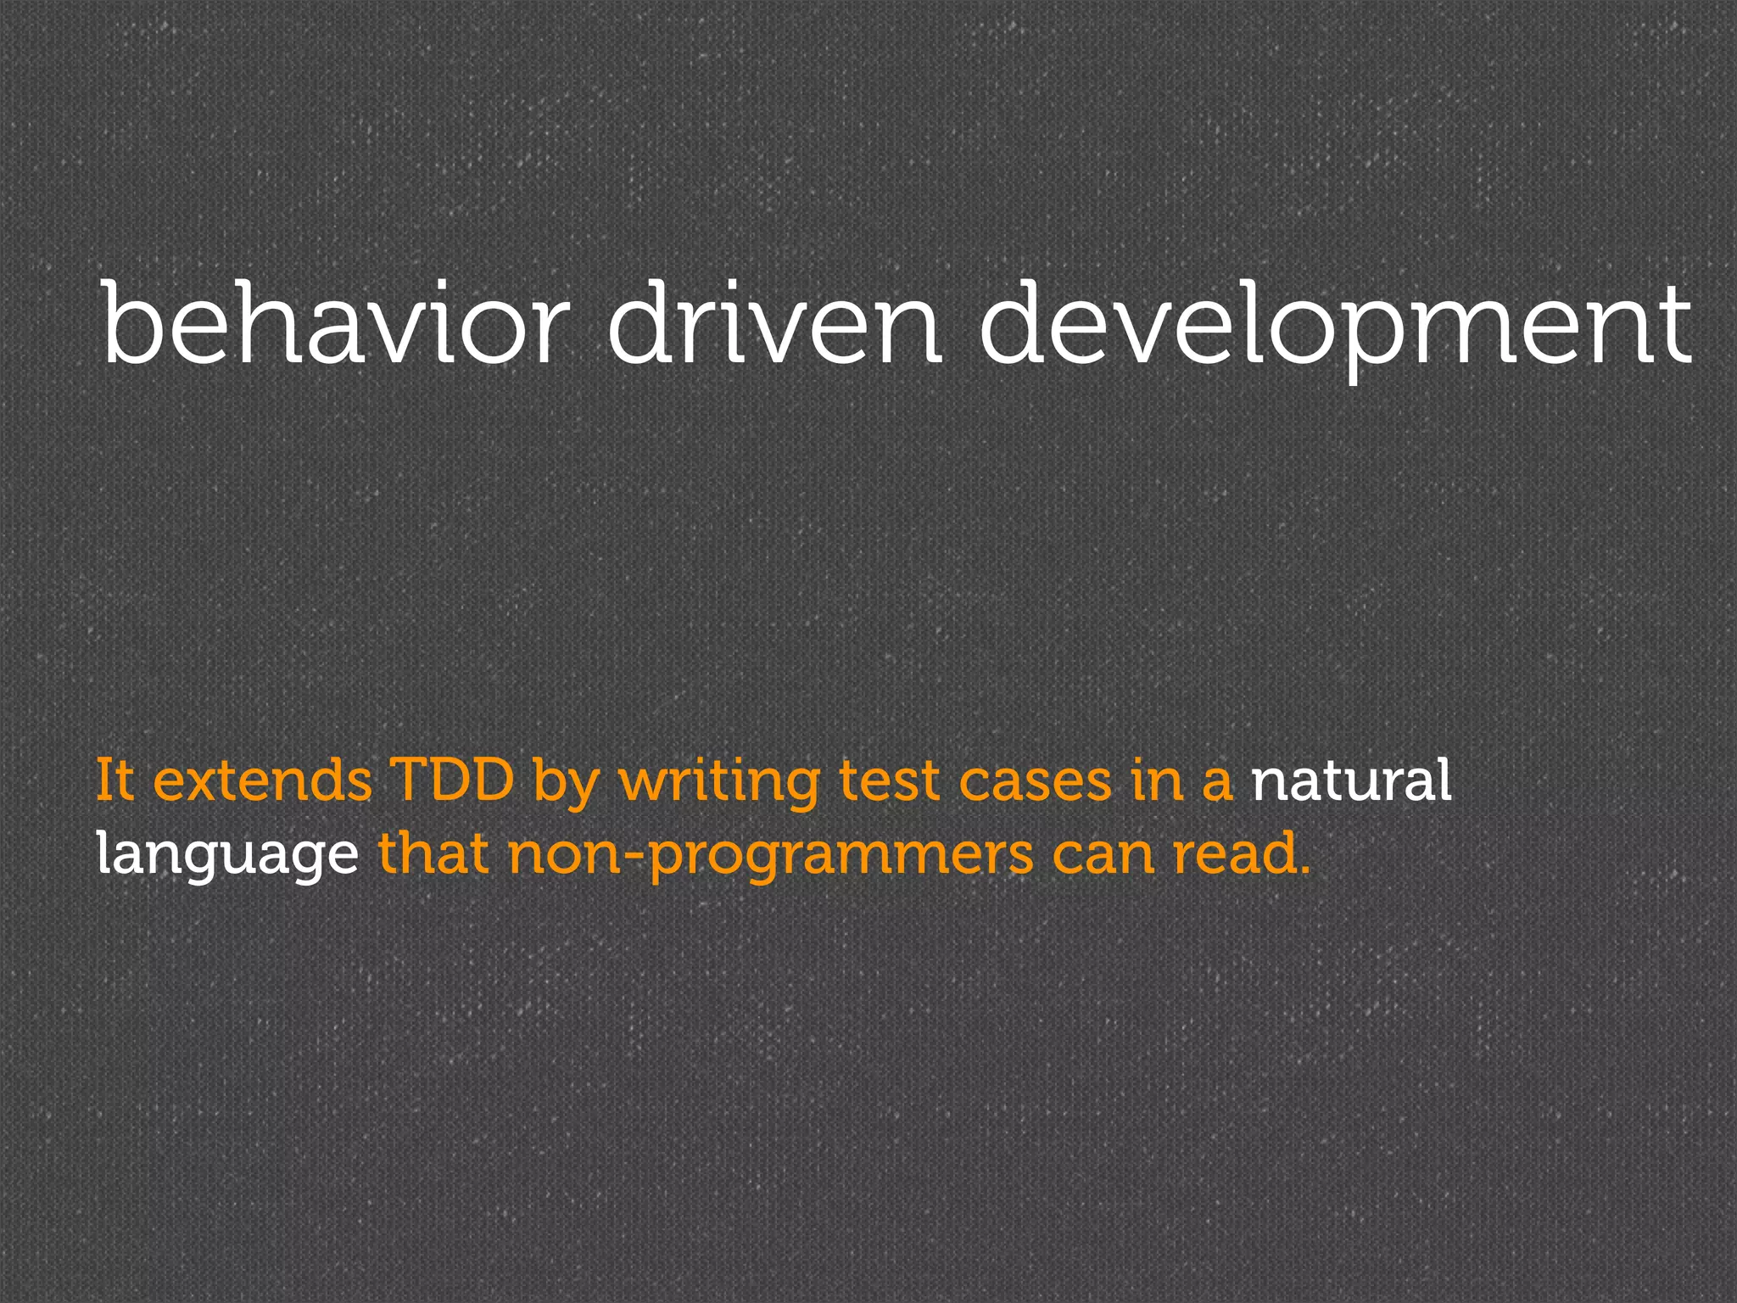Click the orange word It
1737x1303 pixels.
(114, 780)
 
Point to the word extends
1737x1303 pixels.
(262, 780)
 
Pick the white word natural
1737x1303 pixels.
(1351, 780)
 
